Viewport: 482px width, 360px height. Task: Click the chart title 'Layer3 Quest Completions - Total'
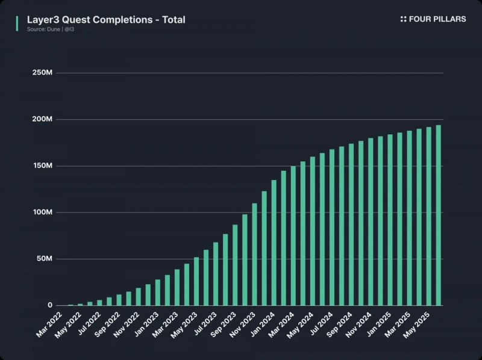(106, 20)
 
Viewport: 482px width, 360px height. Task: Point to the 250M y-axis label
(43, 73)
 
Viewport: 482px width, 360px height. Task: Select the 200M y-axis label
(43, 119)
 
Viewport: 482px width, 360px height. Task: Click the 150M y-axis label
(43, 166)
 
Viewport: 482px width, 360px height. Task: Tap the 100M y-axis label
(43, 213)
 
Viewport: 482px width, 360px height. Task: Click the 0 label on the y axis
(51, 306)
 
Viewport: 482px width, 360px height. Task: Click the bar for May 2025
(429, 217)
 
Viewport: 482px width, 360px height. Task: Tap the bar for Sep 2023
(235, 265)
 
